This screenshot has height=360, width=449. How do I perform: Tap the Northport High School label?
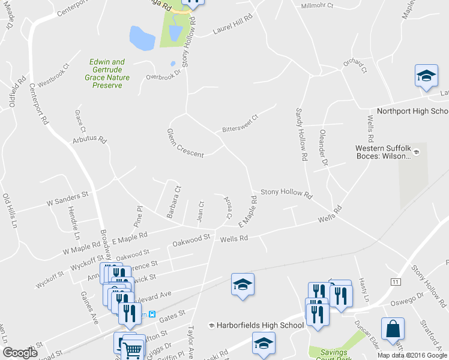tap(412, 112)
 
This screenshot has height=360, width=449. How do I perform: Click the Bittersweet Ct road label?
tap(240, 123)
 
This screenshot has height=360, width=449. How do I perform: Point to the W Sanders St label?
tap(67, 200)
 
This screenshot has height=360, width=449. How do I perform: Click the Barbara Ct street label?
tap(173, 201)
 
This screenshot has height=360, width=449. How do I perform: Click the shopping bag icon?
tap(393, 329)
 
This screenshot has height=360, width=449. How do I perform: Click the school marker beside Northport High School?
tap(426, 76)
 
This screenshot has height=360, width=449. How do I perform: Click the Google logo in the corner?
tap(20, 353)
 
